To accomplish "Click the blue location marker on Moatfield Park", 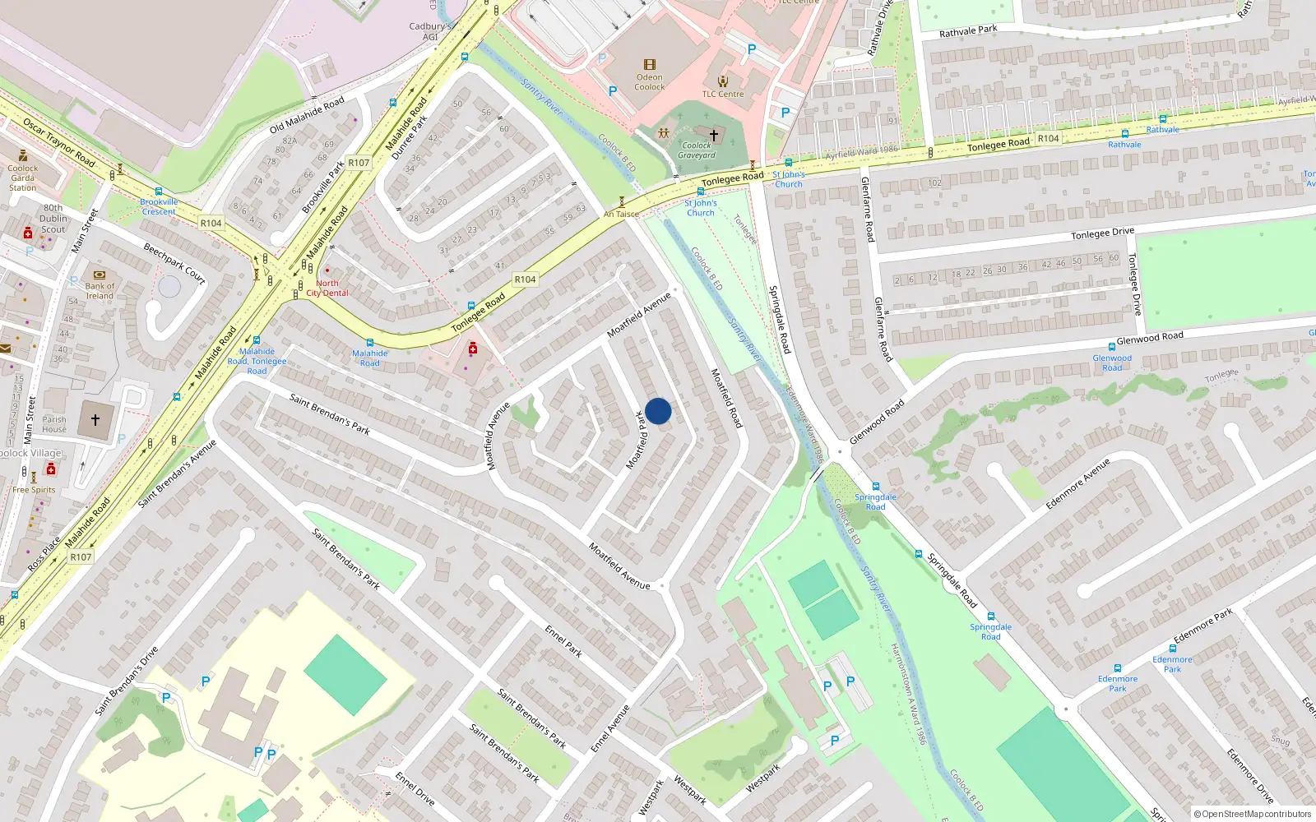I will point(658,411).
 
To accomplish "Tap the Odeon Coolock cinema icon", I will point(650,65).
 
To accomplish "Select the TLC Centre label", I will point(722,94).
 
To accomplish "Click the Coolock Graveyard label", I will point(697,150).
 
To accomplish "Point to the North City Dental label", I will point(327,288).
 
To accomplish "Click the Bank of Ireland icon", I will point(100,275).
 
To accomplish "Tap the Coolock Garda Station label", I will point(23,178).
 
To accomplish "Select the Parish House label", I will point(54,424).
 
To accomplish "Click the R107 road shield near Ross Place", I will point(81,557).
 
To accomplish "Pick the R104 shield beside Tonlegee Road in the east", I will point(1048,138).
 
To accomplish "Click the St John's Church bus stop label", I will point(701,208).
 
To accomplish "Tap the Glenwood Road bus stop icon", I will point(1111,348).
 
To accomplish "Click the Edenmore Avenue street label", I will point(1077,484).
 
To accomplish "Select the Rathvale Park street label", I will point(968,31).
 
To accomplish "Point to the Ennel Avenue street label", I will point(610,727).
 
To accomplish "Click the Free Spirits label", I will point(34,490).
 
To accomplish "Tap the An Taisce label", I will point(621,214).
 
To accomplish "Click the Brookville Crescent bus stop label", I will point(159,206).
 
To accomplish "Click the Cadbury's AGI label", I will point(430,31).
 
